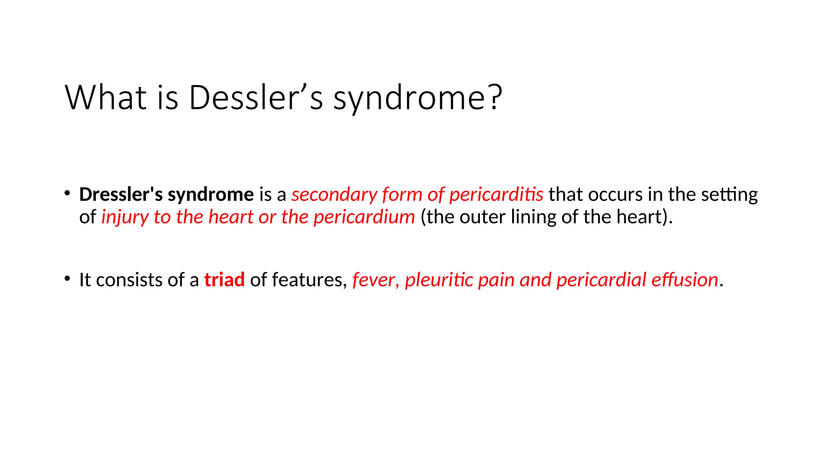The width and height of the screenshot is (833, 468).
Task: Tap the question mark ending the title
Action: pos(494,97)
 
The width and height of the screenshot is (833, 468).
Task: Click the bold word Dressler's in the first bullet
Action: pos(121,195)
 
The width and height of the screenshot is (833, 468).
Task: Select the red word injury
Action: pos(124,217)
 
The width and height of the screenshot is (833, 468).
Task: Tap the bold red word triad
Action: pos(224,280)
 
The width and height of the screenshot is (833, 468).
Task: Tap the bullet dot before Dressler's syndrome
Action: pos(68,193)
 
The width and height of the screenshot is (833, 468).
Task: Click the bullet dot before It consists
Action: pos(68,279)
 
